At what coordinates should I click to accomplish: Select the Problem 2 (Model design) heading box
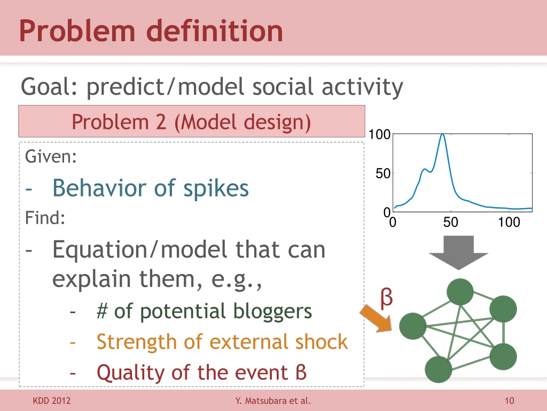[x=192, y=121]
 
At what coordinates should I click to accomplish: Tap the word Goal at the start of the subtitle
[x=46, y=87]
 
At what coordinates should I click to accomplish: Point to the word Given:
[x=51, y=156]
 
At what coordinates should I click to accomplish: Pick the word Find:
[x=45, y=218]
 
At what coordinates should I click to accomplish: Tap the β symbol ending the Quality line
[x=301, y=372]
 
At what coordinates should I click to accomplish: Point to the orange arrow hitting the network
[x=376, y=318]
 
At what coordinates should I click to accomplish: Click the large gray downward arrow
[x=458, y=253]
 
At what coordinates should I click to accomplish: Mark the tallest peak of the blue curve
[x=442, y=134]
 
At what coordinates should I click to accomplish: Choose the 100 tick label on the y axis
[x=380, y=134]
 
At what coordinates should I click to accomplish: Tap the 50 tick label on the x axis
[x=450, y=222]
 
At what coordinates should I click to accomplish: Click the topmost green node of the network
[x=460, y=292]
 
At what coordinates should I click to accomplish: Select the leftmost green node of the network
[x=413, y=326]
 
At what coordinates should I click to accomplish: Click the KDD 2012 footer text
[x=52, y=400]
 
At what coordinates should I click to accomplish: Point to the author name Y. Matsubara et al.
[x=273, y=400]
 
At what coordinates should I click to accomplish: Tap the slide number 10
[x=509, y=400]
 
